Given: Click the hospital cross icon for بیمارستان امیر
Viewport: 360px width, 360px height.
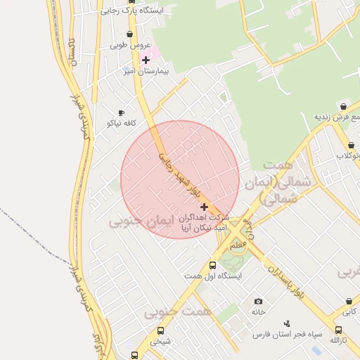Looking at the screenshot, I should pos(146,60).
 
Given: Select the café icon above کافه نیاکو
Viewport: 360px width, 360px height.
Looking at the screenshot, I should pos(121,112).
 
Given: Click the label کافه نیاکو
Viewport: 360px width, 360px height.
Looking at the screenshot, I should pos(120,123).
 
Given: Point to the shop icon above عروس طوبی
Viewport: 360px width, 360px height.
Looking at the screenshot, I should pos(129,34).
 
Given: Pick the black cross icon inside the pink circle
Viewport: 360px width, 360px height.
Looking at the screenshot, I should pos(204,207).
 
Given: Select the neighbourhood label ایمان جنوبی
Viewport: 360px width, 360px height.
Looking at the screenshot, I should pos(136,221).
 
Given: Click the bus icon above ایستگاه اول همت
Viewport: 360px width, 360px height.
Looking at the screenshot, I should pos(212,265).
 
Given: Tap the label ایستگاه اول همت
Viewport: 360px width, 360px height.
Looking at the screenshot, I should pos(214,276).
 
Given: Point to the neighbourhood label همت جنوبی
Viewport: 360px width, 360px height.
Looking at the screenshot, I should pos(170,311).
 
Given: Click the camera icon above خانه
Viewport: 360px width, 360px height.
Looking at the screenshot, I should pos(258,301).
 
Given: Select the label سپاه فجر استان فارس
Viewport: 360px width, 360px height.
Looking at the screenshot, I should pos(288,333).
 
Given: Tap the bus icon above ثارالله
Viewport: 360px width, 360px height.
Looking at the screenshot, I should pos(338,330).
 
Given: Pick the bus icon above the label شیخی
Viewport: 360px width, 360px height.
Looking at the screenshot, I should pos(161,330).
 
